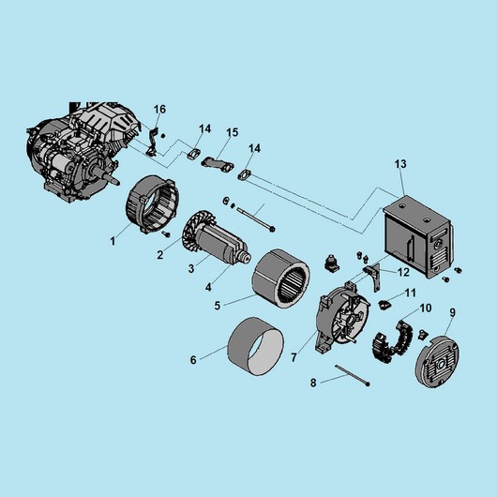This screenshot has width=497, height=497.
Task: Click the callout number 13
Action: [x=400, y=164]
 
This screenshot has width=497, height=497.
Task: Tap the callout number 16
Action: [x=159, y=110]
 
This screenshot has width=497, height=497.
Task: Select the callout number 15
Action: [x=233, y=132]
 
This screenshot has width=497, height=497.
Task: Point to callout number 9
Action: [x=453, y=312]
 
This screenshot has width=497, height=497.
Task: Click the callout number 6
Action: [x=193, y=360]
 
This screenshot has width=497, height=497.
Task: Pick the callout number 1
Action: [x=113, y=242]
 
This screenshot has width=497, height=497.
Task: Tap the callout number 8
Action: [x=313, y=383]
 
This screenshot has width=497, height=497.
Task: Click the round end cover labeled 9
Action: [x=437, y=362]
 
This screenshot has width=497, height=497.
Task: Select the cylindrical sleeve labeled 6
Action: [x=256, y=346]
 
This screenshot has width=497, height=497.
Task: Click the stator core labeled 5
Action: [x=280, y=279]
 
